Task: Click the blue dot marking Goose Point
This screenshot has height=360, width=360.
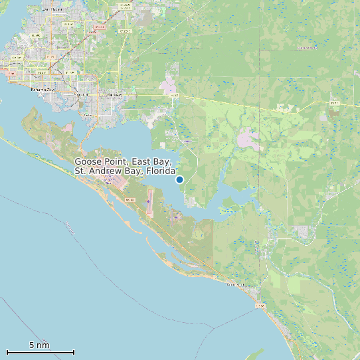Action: pyautogui.click(x=179, y=179)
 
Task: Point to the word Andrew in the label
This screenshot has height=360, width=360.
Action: pyautogui.click(x=106, y=171)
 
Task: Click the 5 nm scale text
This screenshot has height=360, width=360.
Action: pyautogui.click(x=39, y=345)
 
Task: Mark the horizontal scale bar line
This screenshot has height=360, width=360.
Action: pyautogui.click(x=40, y=352)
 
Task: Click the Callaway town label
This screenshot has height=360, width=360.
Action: pyautogui.click(x=114, y=94)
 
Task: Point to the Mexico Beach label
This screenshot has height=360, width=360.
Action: pyautogui.click(x=236, y=284)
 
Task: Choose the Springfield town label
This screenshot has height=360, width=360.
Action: pyautogui.click(x=81, y=94)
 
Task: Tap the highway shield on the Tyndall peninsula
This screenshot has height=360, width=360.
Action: pyautogui.click(x=130, y=200)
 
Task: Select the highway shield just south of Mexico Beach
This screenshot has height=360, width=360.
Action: pyautogui.click(x=260, y=306)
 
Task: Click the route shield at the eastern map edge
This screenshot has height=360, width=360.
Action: pyautogui.click(x=334, y=103)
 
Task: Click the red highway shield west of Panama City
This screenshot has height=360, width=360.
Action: pyautogui.click(x=11, y=68)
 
